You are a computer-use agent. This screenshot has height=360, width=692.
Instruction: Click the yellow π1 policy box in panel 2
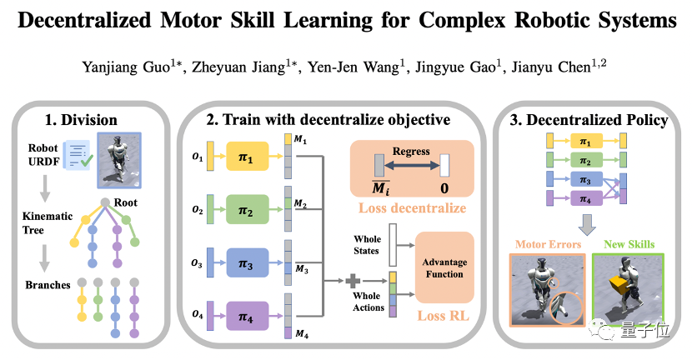[245, 156]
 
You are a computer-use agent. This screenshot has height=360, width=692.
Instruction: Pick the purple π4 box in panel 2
[245, 317]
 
